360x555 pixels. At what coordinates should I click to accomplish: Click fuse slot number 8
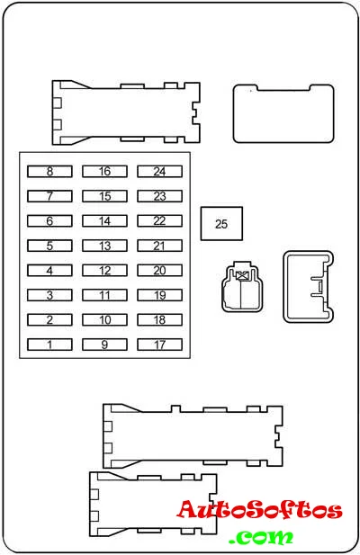tap(49, 172)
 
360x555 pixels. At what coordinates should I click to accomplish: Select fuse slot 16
tap(104, 172)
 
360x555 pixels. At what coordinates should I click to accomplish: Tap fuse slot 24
tap(159, 172)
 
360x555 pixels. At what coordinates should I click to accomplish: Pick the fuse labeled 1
tap(49, 345)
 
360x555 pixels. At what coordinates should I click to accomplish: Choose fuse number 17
tap(159, 345)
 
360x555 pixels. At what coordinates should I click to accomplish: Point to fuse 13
tap(104, 246)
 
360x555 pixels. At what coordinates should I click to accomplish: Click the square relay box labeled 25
tap(221, 224)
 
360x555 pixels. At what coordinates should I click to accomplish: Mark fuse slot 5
tap(49, 246)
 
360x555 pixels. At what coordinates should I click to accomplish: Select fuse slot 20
tap(159, 271)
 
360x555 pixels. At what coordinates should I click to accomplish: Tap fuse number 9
tap(104, 345)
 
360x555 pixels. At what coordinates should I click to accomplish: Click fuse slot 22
tap(159, 221)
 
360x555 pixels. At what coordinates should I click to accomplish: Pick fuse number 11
tap(104, 295)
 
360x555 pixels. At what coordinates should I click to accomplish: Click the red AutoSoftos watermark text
tap(260, 510)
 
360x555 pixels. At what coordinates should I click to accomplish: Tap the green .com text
tap(261, 536)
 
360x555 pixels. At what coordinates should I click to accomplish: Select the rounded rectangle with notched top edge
tap(283, 113)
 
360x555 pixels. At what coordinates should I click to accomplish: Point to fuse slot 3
tap(49, 295)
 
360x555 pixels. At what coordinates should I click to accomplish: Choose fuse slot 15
tap(104, 196)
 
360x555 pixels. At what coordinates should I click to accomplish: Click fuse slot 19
tap(159, 295)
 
